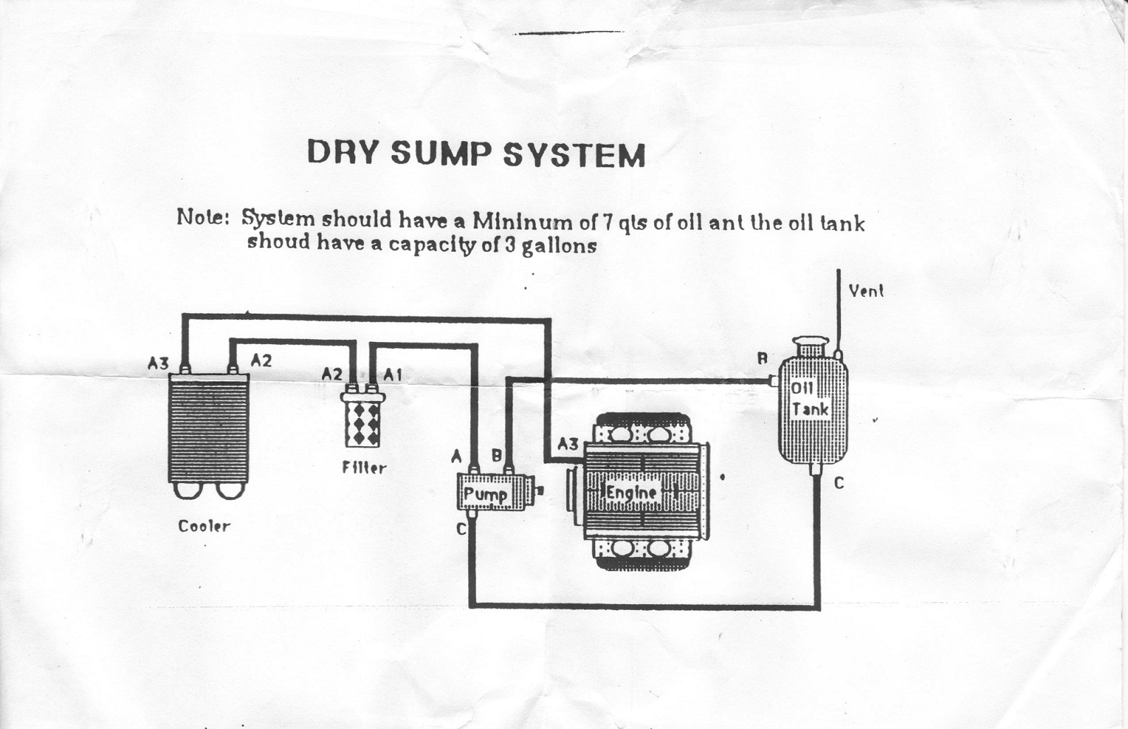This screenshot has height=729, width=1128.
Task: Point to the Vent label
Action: click(x=866, y=290)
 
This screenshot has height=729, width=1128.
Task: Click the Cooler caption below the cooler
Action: click(x=204, y=526)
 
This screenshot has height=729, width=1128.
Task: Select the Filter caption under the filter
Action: click(x=364, y=467)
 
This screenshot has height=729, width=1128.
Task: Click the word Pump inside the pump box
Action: click(x=485, y=494)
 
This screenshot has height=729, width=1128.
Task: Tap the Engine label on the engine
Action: click(x=631, y=493)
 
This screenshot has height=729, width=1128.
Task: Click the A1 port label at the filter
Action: click(x=393, y=375)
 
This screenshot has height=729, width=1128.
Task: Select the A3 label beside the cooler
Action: click(x=158, y=363)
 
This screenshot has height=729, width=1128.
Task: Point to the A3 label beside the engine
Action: click(x=568, y=444)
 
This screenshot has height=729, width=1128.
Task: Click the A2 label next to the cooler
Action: click(x=261, y=360)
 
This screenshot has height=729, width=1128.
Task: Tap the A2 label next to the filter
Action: click(x=331, y=374)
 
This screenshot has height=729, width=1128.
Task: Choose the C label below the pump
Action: click(x=461, y=528)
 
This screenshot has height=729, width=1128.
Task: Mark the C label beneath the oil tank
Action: click(x=838, y=484)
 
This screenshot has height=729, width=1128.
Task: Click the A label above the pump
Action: click(x=456, y=457)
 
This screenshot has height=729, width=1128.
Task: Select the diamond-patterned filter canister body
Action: click(x=363, y=424)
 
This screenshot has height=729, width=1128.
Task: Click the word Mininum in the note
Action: click(x=522, y=222)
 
